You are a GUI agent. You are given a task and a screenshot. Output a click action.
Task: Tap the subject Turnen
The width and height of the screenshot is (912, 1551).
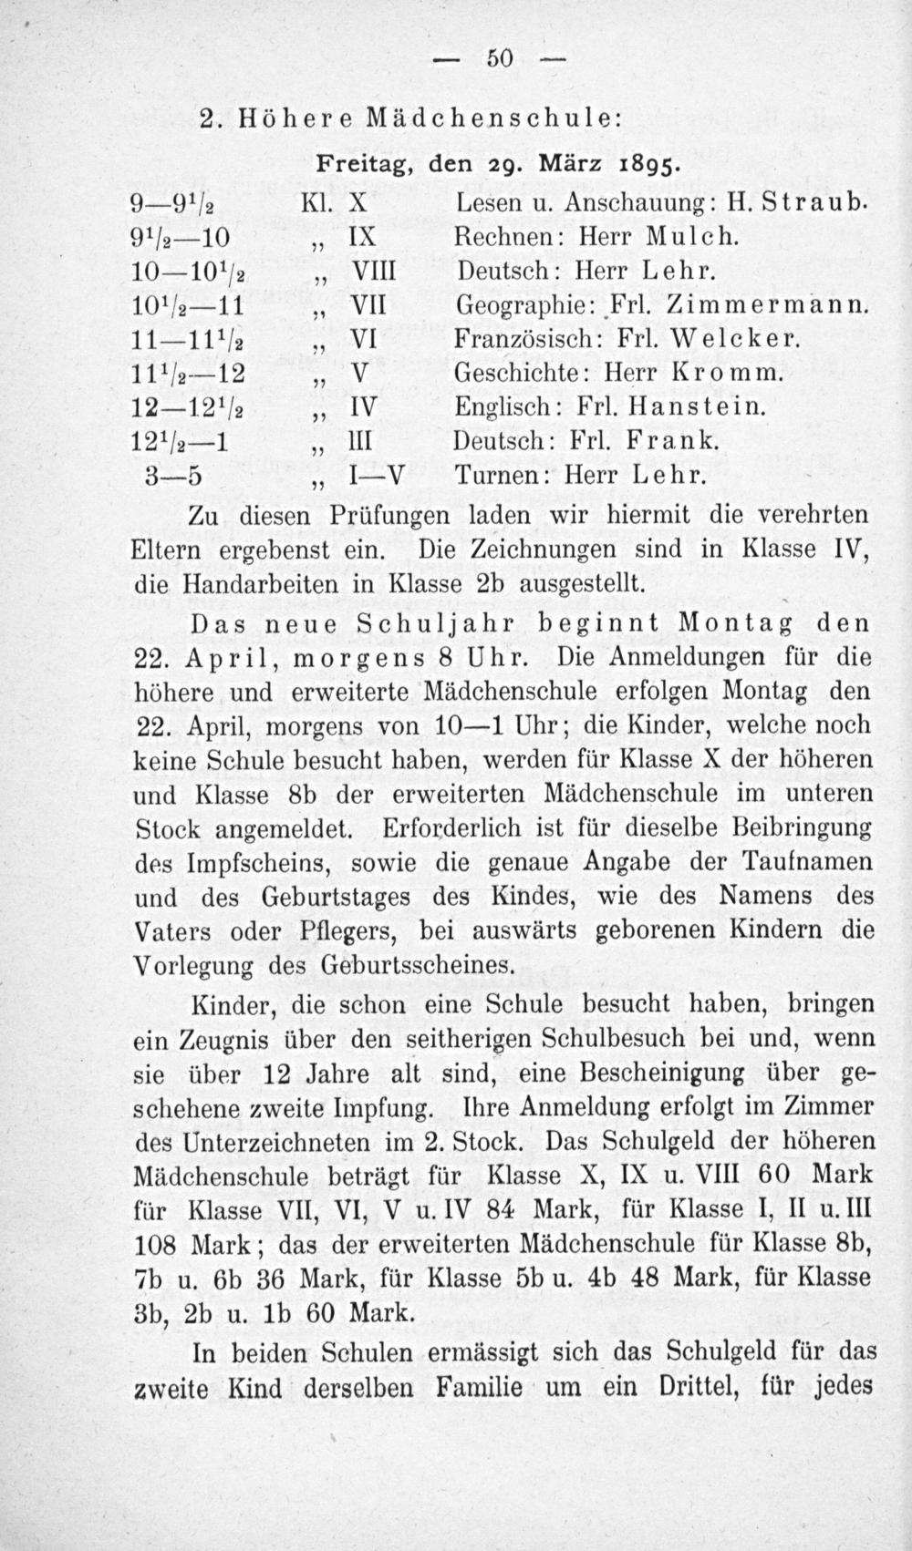(501, 475)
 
